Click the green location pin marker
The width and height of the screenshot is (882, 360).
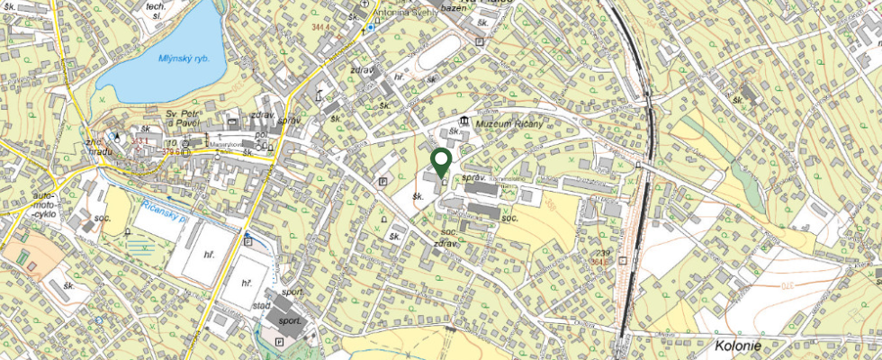coord(441,162)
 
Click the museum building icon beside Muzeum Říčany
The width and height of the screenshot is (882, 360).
coord(463,121)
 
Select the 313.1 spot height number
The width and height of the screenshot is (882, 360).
coord(140,141)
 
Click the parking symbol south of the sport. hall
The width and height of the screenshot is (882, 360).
coord(278,342)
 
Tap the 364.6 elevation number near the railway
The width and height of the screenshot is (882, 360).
coord(616,264)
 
